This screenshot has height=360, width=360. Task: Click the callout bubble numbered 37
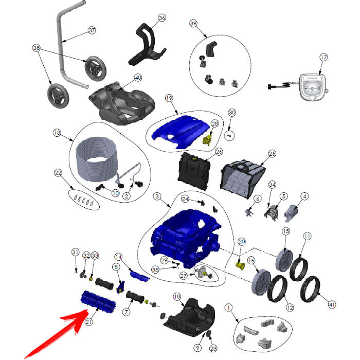pyautogui.click(x=92, y=30)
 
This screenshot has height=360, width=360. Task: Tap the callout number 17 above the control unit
pyautogui.click(x=323, y=57)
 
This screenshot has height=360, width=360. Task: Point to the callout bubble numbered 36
pyautogui.click(x=162, y=17)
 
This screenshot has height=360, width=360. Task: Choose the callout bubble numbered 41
pyautogui.click(x=332, y=304)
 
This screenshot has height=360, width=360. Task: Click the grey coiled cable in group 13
pyautogui.click(x=97, y=158)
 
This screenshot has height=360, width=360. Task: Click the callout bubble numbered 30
pyautogui.click(x=232, y=113)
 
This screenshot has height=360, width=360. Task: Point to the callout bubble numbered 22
pyautogui.click(x=58, y=173)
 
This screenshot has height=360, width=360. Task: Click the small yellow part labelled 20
pyautogui.click(x=240, y=266)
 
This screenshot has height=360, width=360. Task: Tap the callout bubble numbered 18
pyautogui.click(x=177, y=297)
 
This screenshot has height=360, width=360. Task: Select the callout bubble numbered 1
pyautogui.click(x=228, y=308)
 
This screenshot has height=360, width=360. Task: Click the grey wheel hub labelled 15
pyautogui.click(x=284, y=260)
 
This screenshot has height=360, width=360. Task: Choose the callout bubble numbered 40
pyautogui.click(x=138, y=78)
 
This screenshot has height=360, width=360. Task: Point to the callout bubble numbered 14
pyautogui.click(x=118, y=257)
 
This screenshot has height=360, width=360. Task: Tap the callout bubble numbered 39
pyautogui.click(x=193, y=23)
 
